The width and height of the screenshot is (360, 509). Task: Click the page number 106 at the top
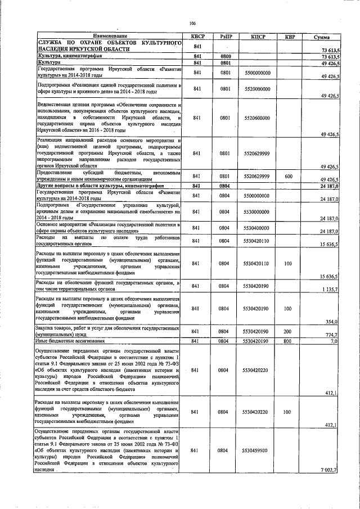coord(192,23)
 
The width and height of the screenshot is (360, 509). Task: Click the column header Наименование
coord(107,37)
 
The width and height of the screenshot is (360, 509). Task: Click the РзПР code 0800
coord(226,57)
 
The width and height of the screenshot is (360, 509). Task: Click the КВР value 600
coord(289,176)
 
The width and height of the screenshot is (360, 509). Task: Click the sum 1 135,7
coord(329,289)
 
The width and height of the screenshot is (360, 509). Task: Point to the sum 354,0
coord(331,321)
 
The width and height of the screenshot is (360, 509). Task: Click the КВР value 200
coord(289,332)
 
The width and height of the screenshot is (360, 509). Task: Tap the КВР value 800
coord(289,341)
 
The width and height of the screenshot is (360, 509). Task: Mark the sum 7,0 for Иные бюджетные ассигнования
coord(333,341)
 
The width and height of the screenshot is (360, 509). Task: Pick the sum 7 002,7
coord(328,470)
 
